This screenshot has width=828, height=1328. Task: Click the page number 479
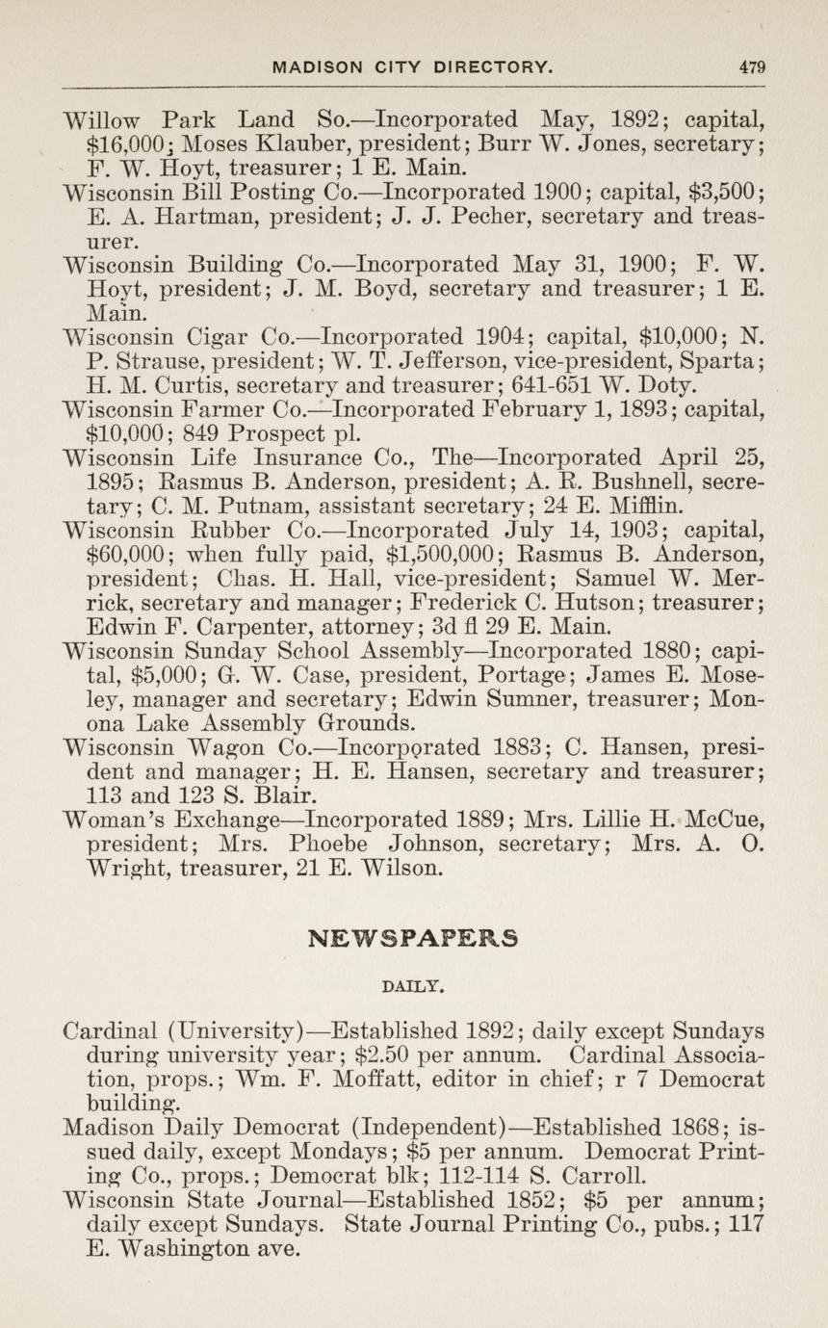coord(752,66)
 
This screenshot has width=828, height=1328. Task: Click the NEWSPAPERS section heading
coord(414,937)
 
